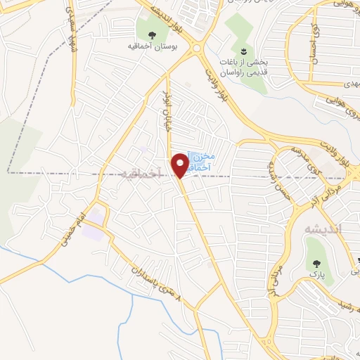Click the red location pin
pyautogui.click(x=181, y=165)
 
